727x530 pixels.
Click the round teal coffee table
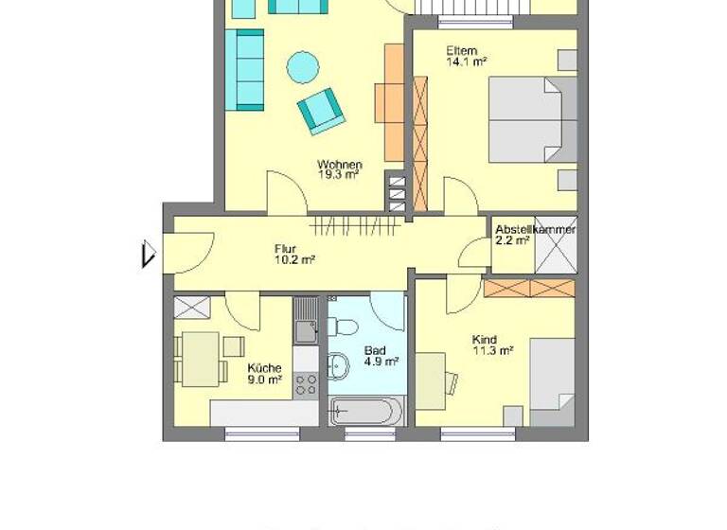point(303,66)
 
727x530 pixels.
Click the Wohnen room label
point(339,165)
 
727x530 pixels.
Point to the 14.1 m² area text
point(466,62)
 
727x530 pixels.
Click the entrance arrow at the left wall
point(148,255)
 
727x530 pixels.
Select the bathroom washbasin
point(337,365)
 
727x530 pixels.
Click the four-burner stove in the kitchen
point(306,383)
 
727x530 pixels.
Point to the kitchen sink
point(305,331)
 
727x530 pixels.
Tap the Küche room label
point(264,368)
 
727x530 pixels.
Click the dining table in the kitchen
point(201,359)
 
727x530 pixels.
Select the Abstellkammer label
point(536,229)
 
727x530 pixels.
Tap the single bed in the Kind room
point(551,382)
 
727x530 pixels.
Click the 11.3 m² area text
point(492,350)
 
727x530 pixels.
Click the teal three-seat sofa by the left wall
point(249,69)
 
